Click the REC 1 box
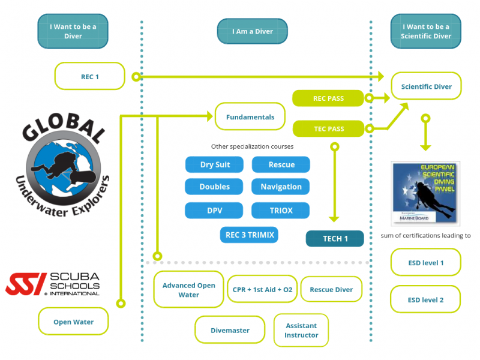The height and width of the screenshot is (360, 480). tap(89, 76)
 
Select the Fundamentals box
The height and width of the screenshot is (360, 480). tap(250, 117)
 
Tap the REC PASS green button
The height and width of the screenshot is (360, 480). tap(328, 98)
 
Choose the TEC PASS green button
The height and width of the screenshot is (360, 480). tap(328, 128)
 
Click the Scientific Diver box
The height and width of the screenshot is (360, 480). tap(426, 86)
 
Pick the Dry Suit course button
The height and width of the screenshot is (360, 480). tap(214, 164)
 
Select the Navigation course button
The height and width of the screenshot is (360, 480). tap(280, 187)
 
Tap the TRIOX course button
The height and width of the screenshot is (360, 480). tap(280, 211)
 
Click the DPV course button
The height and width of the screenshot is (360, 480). tap(214, 211)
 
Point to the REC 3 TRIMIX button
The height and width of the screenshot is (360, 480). tap(250, 235)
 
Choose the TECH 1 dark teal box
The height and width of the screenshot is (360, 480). tap(335, 238)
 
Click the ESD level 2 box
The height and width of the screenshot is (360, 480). tap(425, 299)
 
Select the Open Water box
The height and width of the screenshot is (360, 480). tap(73, 322)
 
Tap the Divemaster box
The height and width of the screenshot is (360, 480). tap(230, 330)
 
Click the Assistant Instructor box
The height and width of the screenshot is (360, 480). tap(301, 330)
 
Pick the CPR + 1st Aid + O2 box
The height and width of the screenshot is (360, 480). tap(262, 290)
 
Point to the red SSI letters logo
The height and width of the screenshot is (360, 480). tap(26, 284)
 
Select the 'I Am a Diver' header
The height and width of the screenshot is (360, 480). tap(252, 31)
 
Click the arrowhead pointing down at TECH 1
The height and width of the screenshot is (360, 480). tap(335, 219)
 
